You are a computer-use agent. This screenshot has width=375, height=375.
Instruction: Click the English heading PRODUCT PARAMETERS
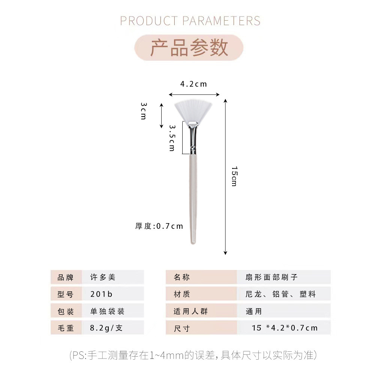coord(190,21)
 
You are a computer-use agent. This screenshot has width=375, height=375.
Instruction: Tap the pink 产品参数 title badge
coord(189,48)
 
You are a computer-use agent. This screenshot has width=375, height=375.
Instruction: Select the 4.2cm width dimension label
coord(193,84)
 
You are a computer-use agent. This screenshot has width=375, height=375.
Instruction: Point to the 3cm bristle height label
coord(143,111)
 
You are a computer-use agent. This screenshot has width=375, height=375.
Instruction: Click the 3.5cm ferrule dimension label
coord(172,138)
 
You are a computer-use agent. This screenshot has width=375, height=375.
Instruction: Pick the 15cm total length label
coord(234,176)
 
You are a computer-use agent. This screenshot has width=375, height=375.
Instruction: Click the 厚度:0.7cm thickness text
coord(159,226)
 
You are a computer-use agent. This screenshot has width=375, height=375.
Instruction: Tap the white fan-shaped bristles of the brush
coord(193,109)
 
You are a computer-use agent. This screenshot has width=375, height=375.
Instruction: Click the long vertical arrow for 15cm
coord(225,176)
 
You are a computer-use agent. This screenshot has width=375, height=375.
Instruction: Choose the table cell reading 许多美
coord(103,277)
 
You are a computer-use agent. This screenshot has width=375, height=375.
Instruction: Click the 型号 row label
coord(66,294)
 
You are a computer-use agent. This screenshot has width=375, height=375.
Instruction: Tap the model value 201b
coord(101,294)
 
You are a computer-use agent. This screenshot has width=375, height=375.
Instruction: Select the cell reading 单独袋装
coord(107,311)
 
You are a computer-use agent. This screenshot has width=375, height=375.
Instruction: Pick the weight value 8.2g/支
coord(106,328)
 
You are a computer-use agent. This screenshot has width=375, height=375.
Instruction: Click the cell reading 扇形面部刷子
coord(271,277)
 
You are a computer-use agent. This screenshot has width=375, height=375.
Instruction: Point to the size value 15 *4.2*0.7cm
coord(285,328)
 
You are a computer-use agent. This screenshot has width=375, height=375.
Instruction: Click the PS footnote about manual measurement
coord(193,355)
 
